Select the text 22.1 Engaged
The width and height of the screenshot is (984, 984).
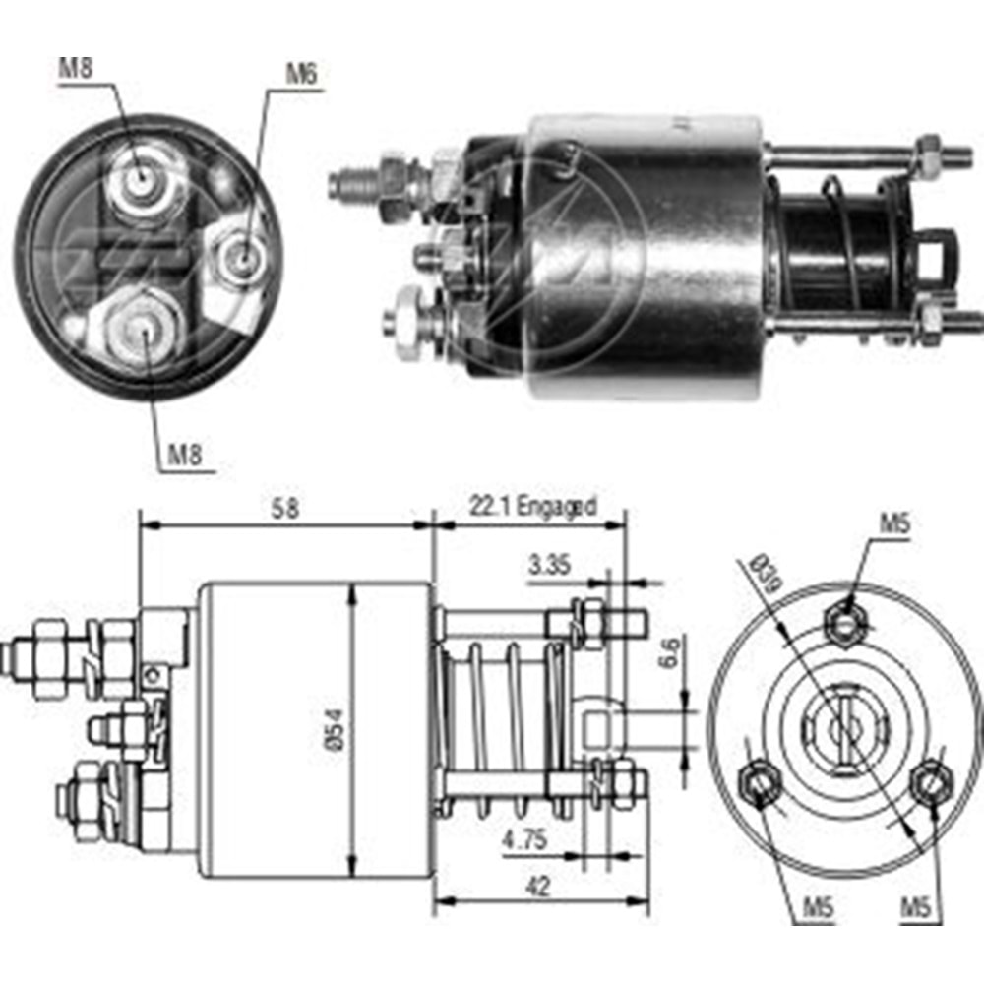(530, 508)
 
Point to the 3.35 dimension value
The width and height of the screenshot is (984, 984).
(549, 566)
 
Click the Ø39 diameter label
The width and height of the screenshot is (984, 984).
(763, 576)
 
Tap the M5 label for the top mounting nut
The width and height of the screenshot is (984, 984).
(893, 524)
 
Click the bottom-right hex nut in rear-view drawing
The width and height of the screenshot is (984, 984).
(929, 783)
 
